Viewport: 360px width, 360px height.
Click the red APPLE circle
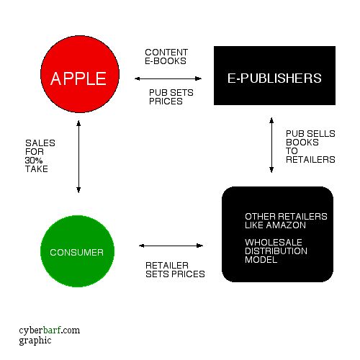(x=80, y=74)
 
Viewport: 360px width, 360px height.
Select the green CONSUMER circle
(x=77, y=251)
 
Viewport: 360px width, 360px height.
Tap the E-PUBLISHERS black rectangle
(x=274, y=76)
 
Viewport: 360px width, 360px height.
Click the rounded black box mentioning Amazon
(x=277, y=234)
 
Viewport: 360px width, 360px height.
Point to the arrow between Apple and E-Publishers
(x=168, y=78)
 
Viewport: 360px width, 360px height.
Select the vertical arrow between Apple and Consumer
(x=78, y=156)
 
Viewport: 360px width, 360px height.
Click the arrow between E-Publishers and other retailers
(x=271, y=145)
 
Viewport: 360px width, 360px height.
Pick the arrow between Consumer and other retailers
(x=171, y=246)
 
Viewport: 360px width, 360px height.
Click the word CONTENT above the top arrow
(x=166, y=53)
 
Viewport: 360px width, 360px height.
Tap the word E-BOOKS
(x=166, y=61)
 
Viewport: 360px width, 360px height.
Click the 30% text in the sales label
(x=34, y=160)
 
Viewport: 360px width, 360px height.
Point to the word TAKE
(x=37, y=168)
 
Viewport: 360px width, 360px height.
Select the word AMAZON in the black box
(x=286, y=225)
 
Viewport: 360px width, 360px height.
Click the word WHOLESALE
(x=274, y=242)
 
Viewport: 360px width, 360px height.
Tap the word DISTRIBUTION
(x=276, y=251)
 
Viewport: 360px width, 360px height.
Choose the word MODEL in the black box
(x=261, y=259)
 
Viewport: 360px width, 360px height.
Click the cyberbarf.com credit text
(x=50, y=330)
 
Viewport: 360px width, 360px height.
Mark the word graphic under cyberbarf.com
(x=35, y=341)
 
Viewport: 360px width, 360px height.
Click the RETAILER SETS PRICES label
(x=175, y=269)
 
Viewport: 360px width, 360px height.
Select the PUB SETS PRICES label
(x=171, y=96)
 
